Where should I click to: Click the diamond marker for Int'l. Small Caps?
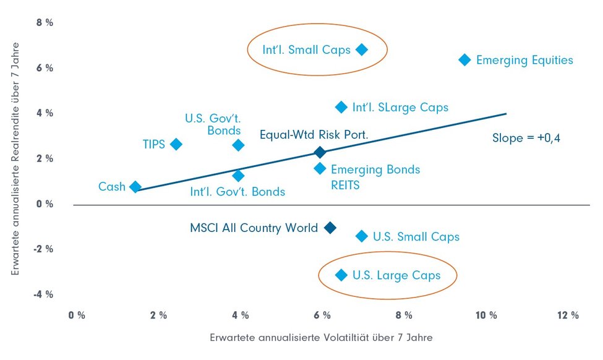point(362,49)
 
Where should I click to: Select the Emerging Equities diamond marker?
point(464,60)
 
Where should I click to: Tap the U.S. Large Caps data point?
point(341,275)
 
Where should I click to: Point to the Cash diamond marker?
point(135,187)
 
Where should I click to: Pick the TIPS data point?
point(176,144)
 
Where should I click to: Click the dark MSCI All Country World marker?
point(330,228)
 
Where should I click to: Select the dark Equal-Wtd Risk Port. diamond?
point(320,152)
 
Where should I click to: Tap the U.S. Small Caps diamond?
point(362,236)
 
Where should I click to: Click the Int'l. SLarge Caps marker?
point(341,107)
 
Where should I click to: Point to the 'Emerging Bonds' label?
point(375,169)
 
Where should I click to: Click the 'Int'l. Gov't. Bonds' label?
point(238,191)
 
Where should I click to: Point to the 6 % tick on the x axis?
point(322,315)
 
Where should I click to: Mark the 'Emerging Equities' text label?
point(524,60)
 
